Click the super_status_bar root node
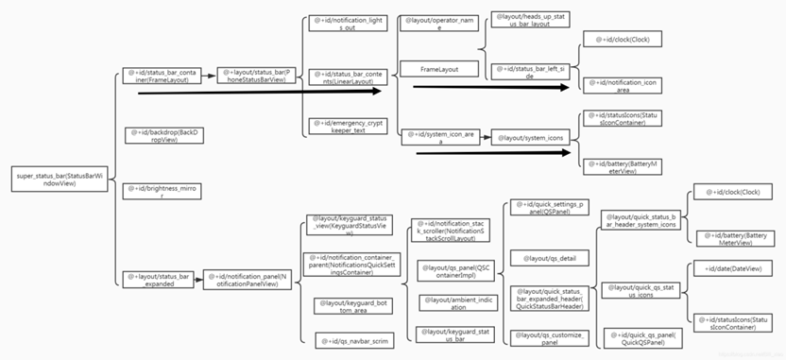[x=56, y=180]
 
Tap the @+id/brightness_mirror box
[x=162, y=192]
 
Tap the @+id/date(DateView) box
[x=734, y=269]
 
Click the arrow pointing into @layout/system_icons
[x=476, y=137]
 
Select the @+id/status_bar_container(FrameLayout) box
[x=162, y=75]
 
